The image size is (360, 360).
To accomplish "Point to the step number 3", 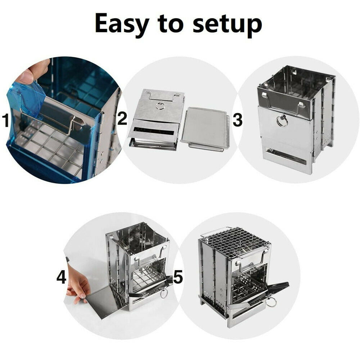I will click(x=238, y=120).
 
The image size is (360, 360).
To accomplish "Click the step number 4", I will click(x=62, y=277).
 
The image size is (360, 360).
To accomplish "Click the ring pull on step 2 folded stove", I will click(x=160, y=106).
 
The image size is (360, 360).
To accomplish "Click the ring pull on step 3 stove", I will click(x=282, y=121).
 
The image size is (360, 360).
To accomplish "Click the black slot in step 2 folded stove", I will click(x=153, y=131).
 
